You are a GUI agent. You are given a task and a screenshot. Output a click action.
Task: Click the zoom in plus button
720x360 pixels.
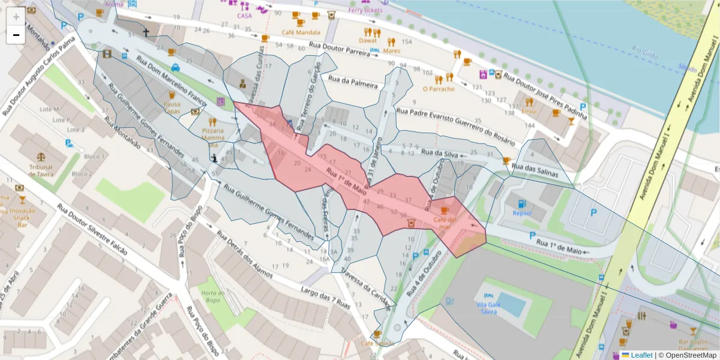tap(16, 16)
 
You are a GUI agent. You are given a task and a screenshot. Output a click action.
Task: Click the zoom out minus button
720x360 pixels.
tap(16, 35)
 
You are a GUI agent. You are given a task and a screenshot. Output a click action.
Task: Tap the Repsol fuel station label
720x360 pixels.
tap(521, 212)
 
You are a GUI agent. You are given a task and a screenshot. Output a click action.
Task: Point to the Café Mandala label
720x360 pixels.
tap(301, 32)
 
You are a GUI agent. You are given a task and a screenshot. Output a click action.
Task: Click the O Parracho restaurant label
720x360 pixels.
tap(438, 89)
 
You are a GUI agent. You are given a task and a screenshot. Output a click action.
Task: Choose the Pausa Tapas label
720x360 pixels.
tap(172, 107)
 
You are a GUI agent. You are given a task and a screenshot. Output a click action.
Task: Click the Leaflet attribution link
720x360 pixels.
tap(642, 355)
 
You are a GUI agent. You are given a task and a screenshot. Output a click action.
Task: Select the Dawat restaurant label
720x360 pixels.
tap(368, 41)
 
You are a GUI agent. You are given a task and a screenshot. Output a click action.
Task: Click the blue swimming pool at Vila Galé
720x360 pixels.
tap(511, 304)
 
